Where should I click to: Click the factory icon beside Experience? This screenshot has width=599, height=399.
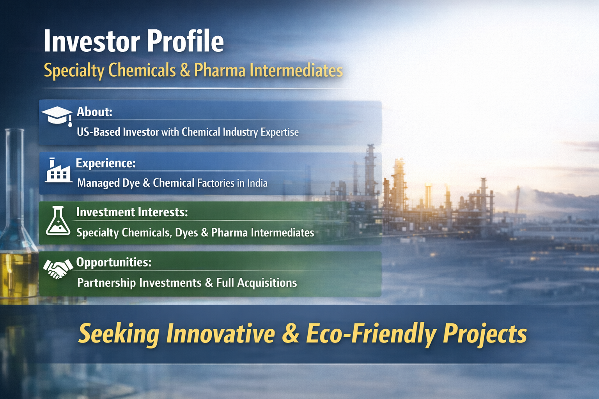tap(58, 171)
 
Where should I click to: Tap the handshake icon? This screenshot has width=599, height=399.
tap(58, 269)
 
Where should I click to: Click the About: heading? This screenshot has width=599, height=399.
tap(94, 112)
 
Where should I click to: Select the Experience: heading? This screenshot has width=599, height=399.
tap(106, 163)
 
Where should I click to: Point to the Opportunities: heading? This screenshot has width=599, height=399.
tap(114, 262)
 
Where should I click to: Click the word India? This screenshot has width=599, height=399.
tap(257, 183)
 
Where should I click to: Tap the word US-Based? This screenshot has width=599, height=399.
tap(98, 132)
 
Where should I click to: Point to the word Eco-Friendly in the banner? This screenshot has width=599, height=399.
tap(371, 334)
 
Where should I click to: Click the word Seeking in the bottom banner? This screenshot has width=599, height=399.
tap(119, 334)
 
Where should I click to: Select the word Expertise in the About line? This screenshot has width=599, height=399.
tap(280, 132)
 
